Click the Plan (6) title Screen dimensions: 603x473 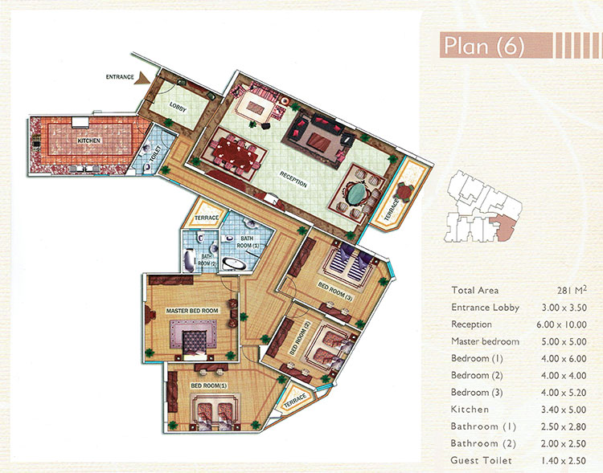(x=484, y=46)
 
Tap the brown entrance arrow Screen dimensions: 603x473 (x=144, y=78)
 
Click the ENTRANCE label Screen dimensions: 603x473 (x=120, y=77)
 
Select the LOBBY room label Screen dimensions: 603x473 (x=178, y=107)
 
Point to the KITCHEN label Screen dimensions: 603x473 (x=88, y=141)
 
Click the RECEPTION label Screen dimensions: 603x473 (x=293, y=180)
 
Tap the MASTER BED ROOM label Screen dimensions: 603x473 (x=192, y=311)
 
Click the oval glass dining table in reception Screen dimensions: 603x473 (x=357, y=194)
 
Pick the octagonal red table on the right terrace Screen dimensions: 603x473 (x=404, y=191)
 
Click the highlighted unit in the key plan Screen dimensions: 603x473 (x=505, y=228)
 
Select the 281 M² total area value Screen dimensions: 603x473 (x=572, y=290)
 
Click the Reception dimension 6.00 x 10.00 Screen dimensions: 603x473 (x=561, y=324)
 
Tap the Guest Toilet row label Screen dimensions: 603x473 (x=481, y=460)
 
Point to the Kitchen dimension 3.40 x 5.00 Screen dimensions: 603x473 (x=564, y=410)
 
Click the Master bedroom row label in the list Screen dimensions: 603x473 (x=485, y=341)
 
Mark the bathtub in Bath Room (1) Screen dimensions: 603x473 (x=235, y=264)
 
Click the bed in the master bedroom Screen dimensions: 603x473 (x=194, y=345)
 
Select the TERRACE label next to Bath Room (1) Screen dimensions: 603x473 (x=207, y=218)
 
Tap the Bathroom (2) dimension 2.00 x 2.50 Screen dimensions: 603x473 (x=564, y=443)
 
